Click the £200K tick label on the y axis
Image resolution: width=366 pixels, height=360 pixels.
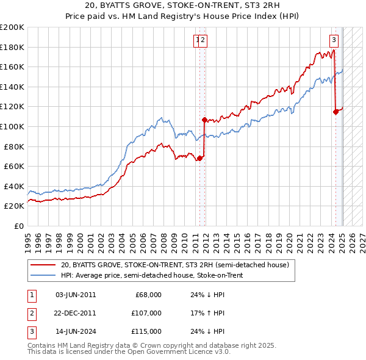[12, 27]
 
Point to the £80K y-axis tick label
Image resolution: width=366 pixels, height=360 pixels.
[14, 146]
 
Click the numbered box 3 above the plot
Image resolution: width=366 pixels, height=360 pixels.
[334, 41]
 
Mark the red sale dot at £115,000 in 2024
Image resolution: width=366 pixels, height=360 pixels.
[335, 111]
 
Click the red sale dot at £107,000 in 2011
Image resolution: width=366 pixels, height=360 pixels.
[204, 120]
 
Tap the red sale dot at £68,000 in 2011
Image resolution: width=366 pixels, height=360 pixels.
[199, 158]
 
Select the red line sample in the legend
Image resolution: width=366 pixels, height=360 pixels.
[43, 265]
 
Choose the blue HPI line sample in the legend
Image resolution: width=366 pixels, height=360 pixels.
[43, 275]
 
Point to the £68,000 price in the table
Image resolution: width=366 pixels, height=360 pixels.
[147, 295]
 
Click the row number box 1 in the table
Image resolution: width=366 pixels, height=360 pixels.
[31, 295]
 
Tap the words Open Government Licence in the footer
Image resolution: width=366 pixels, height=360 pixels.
[177, 352]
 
